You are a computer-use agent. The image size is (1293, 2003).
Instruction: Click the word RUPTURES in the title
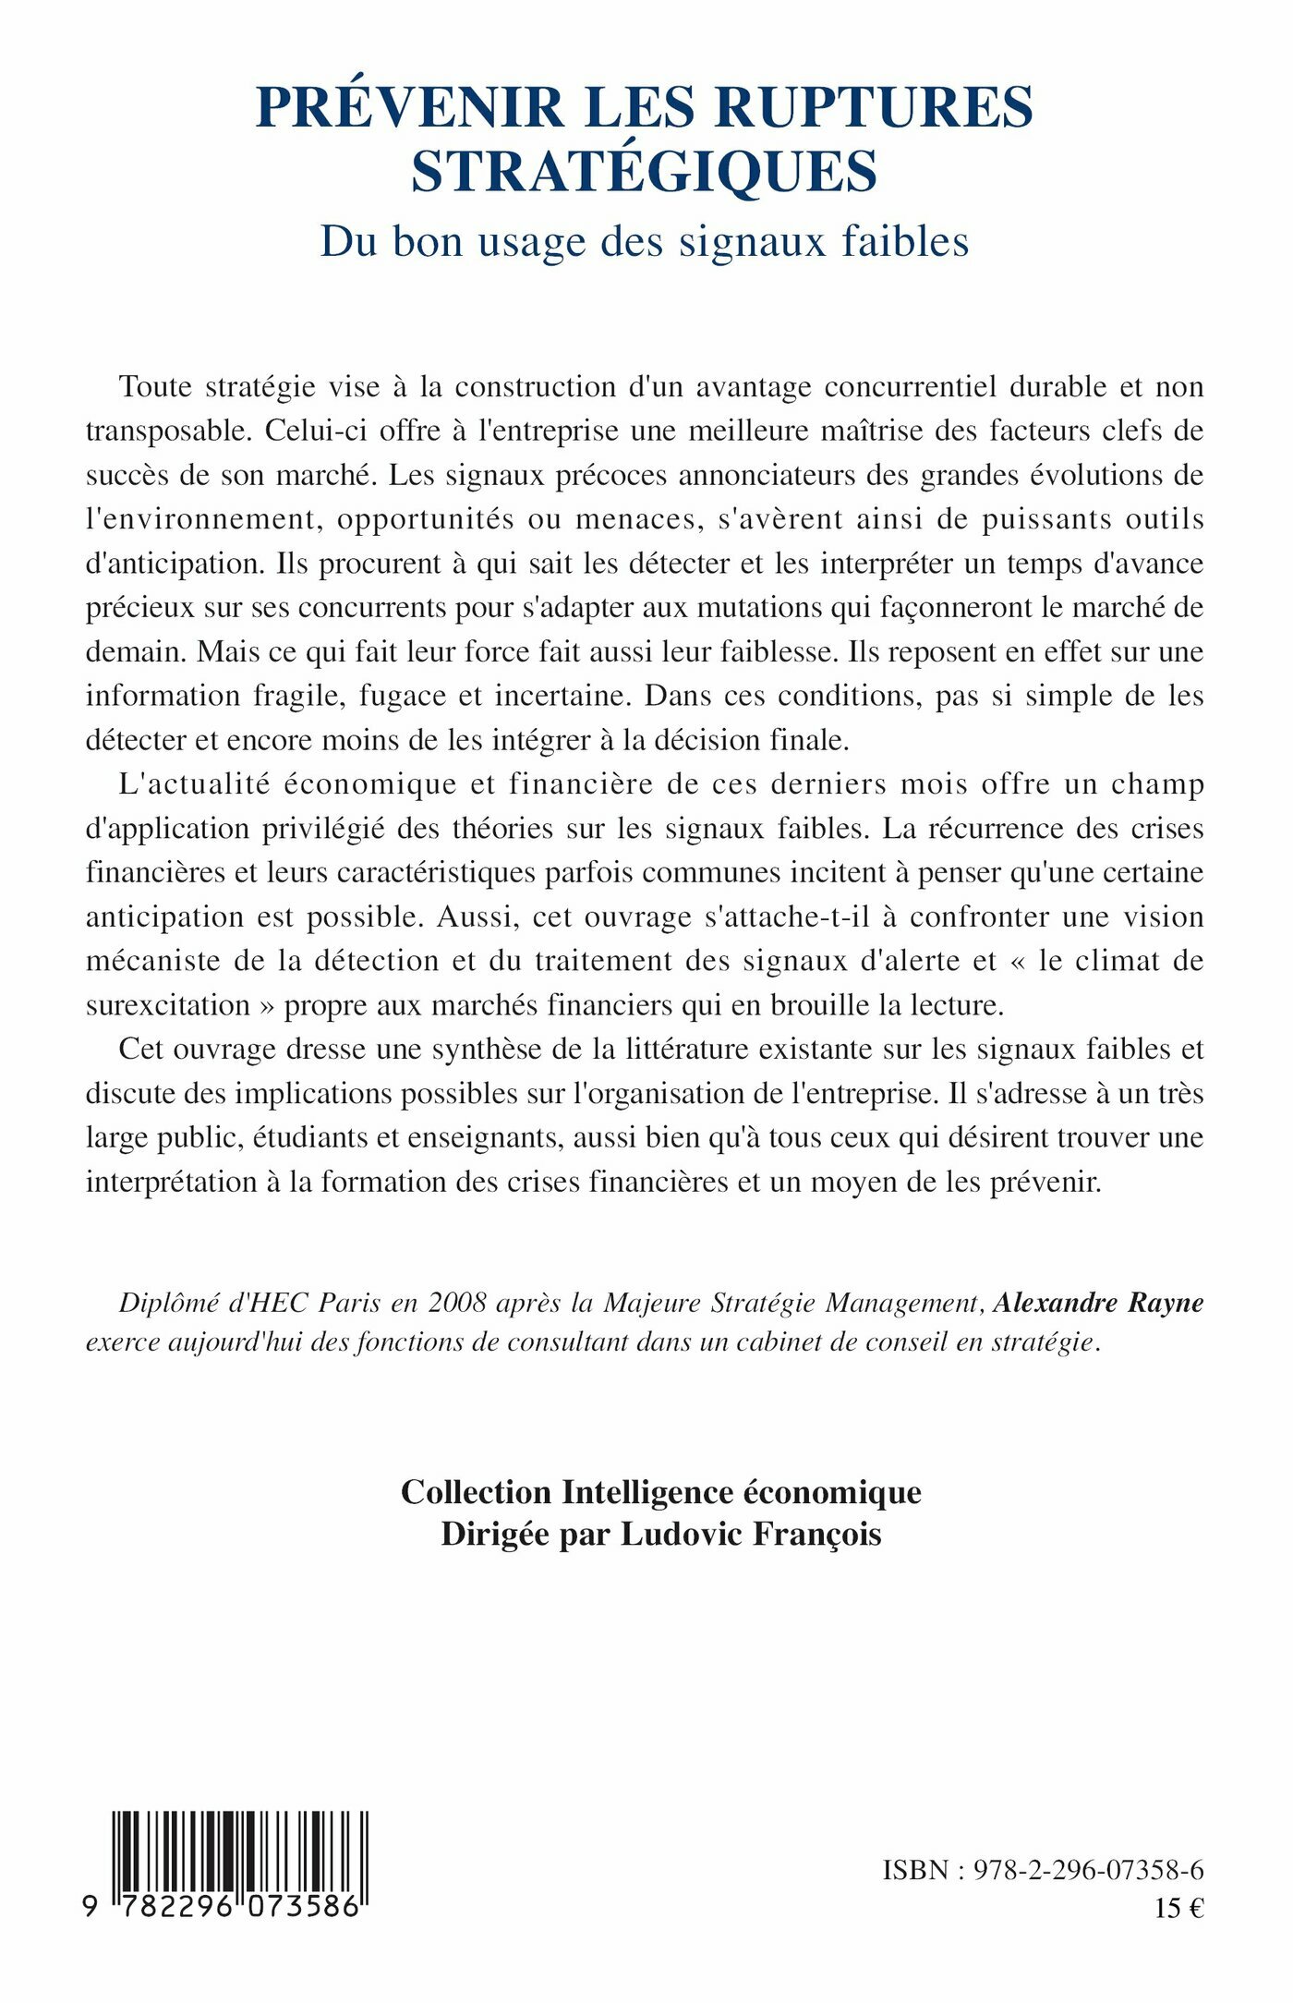(874, 107)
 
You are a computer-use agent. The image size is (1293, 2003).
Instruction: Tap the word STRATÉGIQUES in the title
(644, 171)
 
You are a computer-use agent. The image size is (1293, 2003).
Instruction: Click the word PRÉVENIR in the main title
(410, 107)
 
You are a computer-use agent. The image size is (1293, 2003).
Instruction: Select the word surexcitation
(167, 1005)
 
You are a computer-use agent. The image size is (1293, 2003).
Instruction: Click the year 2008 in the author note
(457, 1303)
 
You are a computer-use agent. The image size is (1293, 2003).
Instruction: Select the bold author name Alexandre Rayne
(1098, 1303)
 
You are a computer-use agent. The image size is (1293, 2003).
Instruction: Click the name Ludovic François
(751, 1534)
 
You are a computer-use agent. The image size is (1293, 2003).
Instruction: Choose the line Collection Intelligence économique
(660, 1492)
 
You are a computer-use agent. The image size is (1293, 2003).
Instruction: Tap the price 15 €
(1179, 1908)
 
